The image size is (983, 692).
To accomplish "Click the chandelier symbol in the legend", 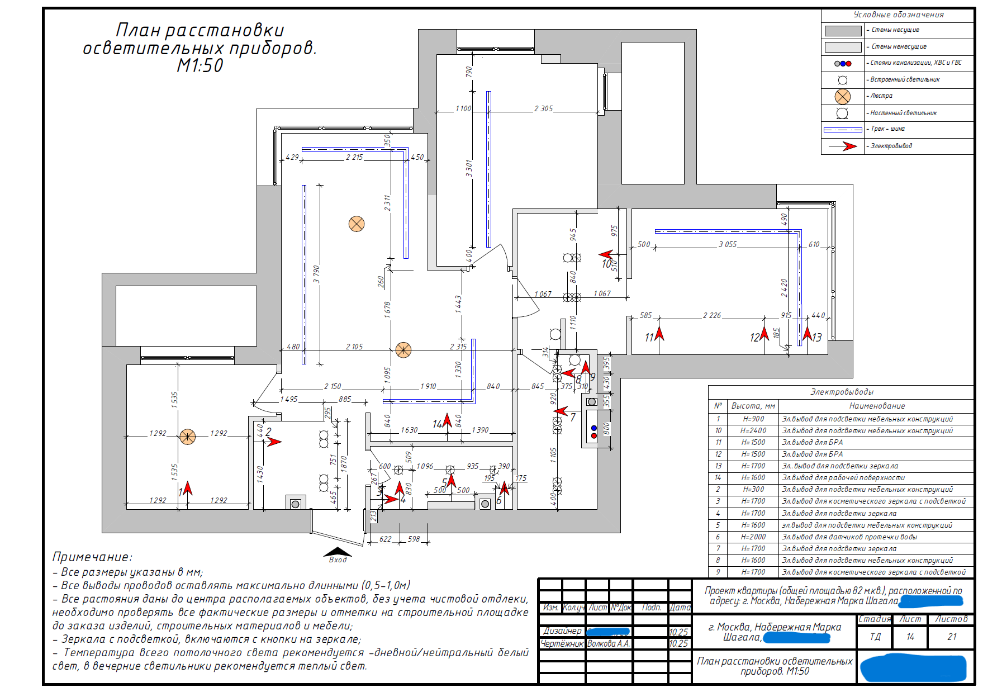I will pos(843,96).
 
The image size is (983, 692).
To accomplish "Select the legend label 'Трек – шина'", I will pos(887,129).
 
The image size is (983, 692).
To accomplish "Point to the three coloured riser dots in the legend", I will pos(843,63).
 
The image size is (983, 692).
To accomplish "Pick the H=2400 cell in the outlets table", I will pos(753,431).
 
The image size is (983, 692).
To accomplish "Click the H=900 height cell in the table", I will pos(753,419).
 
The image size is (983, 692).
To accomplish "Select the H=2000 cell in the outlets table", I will pos(753,537).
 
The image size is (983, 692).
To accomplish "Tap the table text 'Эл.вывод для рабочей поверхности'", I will pos(843,478).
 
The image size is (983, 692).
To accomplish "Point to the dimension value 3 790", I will pos(316,274).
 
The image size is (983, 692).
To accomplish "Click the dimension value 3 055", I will pos(728,245).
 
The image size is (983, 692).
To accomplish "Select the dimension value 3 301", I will pos(469,168).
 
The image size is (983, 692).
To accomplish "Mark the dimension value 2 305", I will pos(543,109).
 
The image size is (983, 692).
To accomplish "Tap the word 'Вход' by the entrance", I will pos(338,560).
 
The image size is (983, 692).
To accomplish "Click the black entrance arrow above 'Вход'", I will pos(337,552).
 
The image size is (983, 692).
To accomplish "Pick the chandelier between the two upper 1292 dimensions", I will pos(188,437).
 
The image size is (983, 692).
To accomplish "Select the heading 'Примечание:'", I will pos(92,557).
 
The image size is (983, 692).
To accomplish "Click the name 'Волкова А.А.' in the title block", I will pos(609,644).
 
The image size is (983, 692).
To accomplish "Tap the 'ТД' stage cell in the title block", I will pos(875,637).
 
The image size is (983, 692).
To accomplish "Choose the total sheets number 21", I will pos(952,637).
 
